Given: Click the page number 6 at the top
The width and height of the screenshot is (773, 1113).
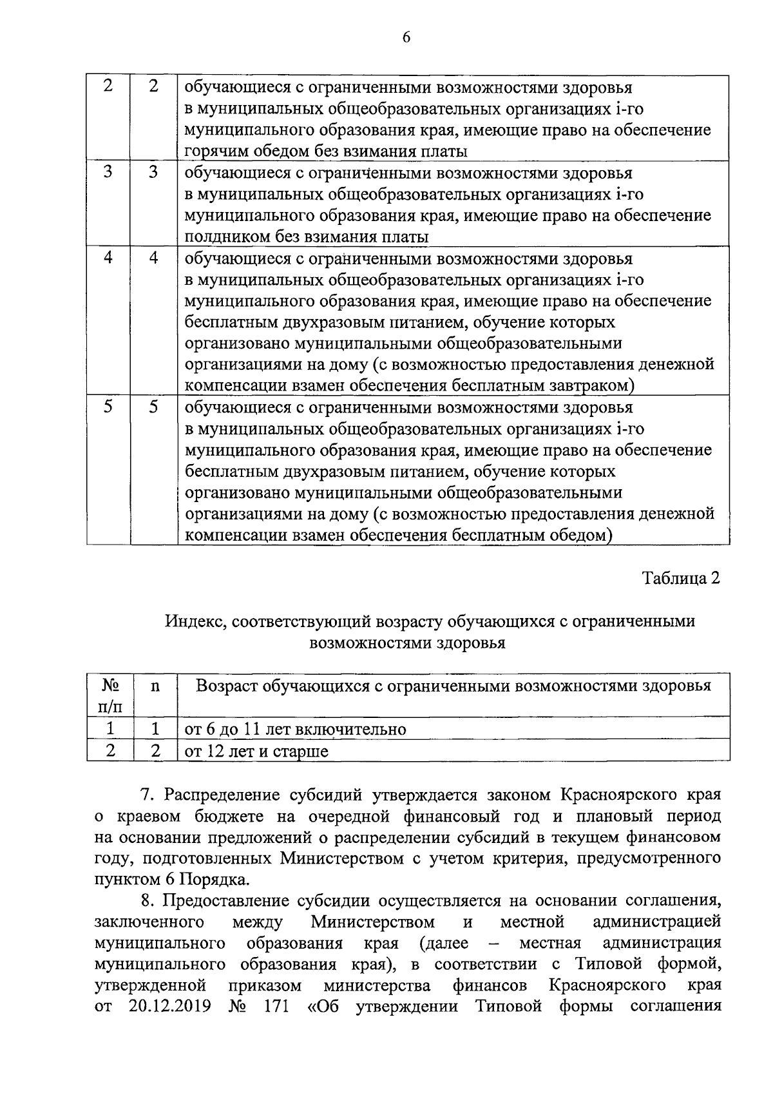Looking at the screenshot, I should click(406, 37).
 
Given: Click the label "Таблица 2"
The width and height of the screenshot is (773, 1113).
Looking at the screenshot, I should click(680, 577).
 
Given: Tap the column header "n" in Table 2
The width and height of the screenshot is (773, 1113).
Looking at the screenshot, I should click(155, 686).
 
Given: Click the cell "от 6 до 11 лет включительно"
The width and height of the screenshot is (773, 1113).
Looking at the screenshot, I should click(296, 729).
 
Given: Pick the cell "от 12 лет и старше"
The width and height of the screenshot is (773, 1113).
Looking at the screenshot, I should click(256, 751).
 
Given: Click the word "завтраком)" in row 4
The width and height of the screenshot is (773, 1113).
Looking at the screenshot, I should click(595, 385).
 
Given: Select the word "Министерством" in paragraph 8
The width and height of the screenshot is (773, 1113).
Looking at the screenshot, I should click(372, 922).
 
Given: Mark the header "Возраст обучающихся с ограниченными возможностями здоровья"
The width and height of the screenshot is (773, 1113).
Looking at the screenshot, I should click(453, 686).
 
